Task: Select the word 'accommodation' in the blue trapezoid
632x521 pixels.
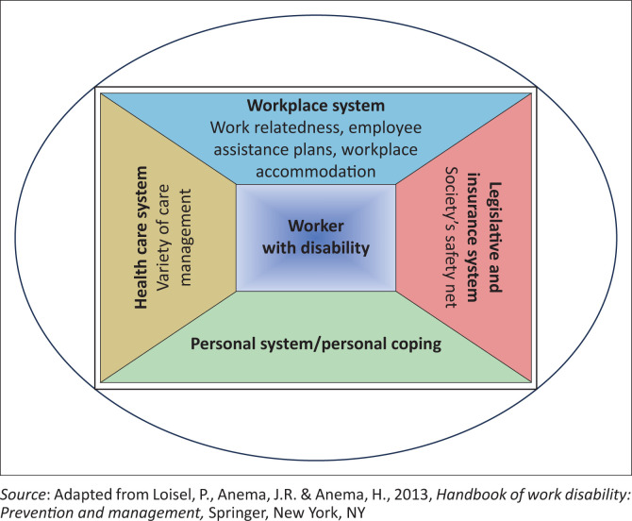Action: [x=316, y=172]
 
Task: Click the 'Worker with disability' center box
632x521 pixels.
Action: [x=315, y=238]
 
